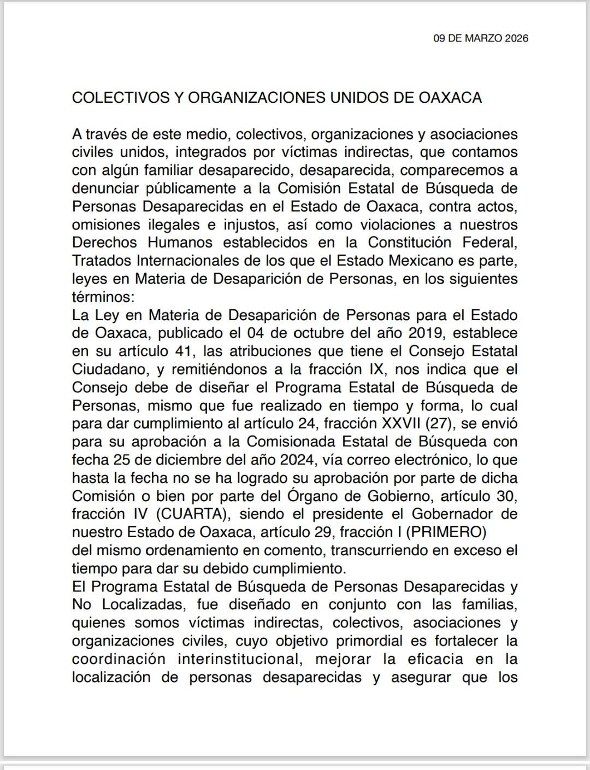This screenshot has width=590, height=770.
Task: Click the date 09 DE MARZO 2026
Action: [x=481, y=38]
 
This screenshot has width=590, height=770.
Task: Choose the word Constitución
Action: [x=409, y=242]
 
